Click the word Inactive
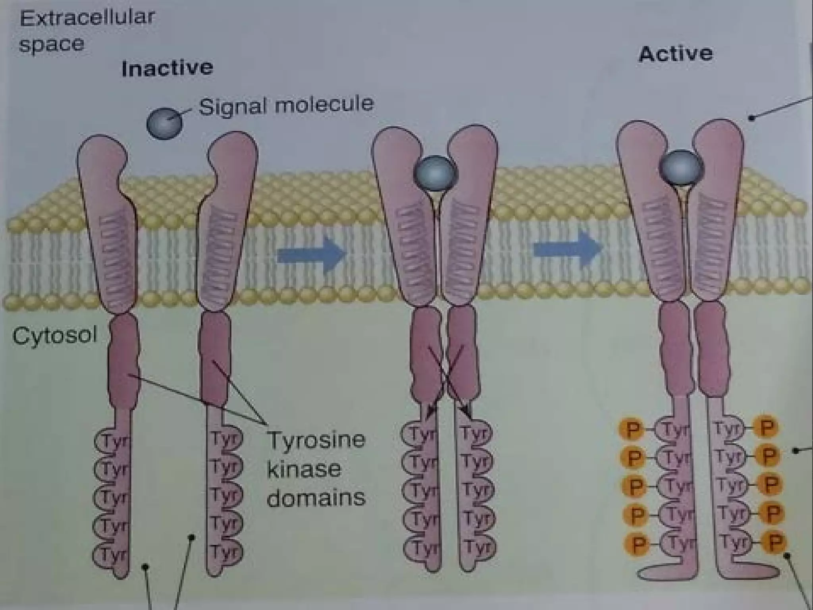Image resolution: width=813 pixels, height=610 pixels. click(x=167, y=68)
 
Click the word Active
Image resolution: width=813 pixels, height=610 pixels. click(x=675, y=54)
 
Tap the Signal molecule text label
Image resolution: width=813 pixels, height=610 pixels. click(x=286, y=105)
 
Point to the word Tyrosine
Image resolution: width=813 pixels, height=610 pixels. click(x=316, y=440)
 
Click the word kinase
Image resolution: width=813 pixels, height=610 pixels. click(x=304, y=469)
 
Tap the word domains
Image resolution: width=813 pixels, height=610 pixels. click(x=316, y=498)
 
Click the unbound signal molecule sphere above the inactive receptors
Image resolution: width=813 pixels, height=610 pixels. click(x=164, y=124)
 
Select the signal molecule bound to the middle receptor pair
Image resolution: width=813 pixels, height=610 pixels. click(x=435, y=174)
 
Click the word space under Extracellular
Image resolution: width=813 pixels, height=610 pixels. click(x=52, y=44)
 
